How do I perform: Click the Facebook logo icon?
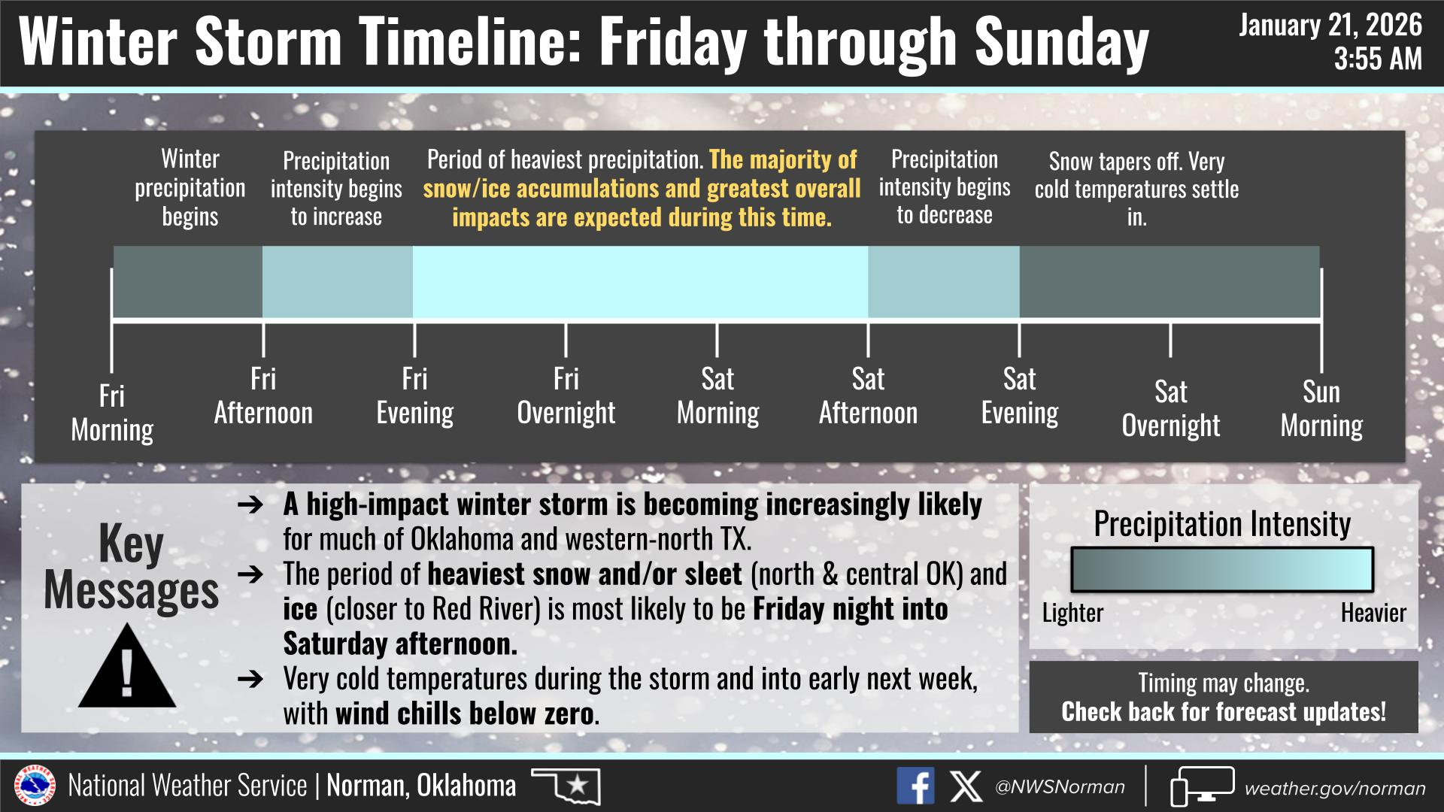pyautogui.click(x=915, y=786)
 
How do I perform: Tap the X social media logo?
pyautogui.click(x=966, y=786)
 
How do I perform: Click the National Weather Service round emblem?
pyautogui.click(x=35, y=786)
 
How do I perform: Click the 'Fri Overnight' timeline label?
pyautogui.click(x=566, y=395)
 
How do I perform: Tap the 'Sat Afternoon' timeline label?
pyautogui.click(x=868, y=395)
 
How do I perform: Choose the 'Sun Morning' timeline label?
pyautogui.click(x=1321, y=408)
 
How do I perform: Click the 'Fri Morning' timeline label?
pyautogui.click(x=112, y=413)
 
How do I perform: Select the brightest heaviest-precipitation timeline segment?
pyautogui.click(x=640, y=282)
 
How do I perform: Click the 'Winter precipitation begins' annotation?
pyautogui.click(x=190, y=187)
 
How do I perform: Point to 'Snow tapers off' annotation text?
pyautogui.click(x=1136, y=189)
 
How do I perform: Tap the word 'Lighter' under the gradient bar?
pyautogui.click(x=1072, y=613)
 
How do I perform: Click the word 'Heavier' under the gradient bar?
pyautogui.click(x=1373, y=613)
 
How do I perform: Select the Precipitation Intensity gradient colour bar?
pyautogui.click(x=1222, y=570)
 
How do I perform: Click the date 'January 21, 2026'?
pyautogui.click(x=1330, y=26)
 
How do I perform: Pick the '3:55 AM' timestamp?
pyautogui.click(x=1379, y=59)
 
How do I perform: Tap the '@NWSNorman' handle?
pyautogui.click(x=1060, y=787)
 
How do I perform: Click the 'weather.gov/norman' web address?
pyautogui.click(x=1335, y=788)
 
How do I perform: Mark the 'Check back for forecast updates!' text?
pyautogui.click(x=1224, y=711)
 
